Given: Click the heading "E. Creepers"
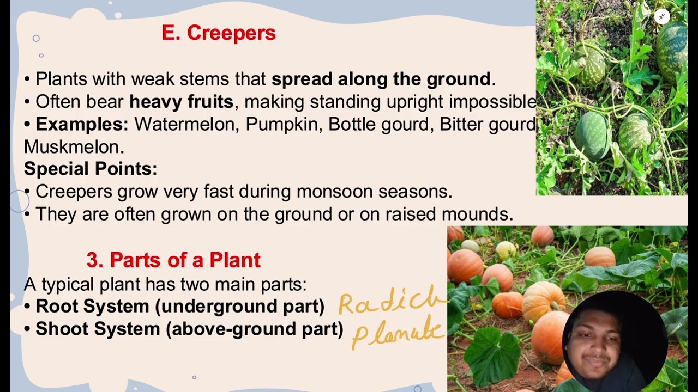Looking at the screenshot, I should (x=218, y=33).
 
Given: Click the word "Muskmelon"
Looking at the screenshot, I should (x=74, y=146).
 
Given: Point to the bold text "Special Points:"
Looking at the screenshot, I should (x=91, y=169).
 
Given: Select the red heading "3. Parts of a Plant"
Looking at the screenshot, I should (x=173, y=260).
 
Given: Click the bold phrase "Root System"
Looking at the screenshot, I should (x=92, y=306).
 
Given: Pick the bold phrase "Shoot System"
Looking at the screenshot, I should (x=98, y=329).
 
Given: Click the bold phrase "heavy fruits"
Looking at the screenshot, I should (x=181, y=102).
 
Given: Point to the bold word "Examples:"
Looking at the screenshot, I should (x=82, y=124).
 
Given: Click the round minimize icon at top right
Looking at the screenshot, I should (x=662, y=16).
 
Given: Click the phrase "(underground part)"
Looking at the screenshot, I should (x=240, y=306).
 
